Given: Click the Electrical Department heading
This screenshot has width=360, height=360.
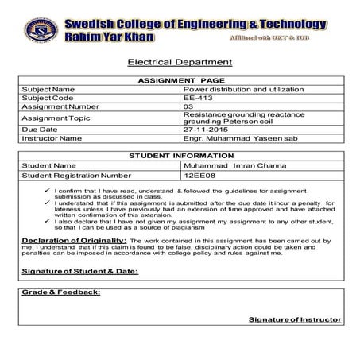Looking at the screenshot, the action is [x=180, y=61].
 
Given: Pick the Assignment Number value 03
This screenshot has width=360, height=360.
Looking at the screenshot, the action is [x=188, y=106].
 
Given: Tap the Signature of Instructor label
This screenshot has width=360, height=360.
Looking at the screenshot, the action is [x=294, y=319].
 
